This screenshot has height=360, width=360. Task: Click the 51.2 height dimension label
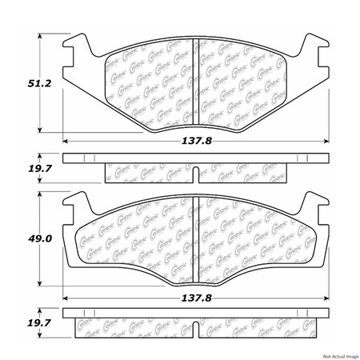pyautogui.click(x=18, y=82)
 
